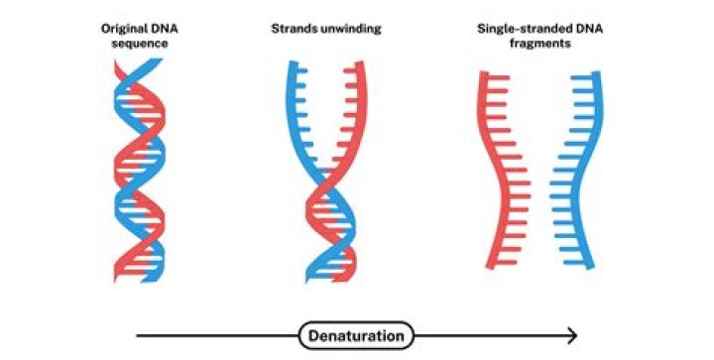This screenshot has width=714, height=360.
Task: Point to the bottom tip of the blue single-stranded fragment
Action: tap(591, 268)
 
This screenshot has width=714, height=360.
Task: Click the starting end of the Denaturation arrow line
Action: tap(138, 336)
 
